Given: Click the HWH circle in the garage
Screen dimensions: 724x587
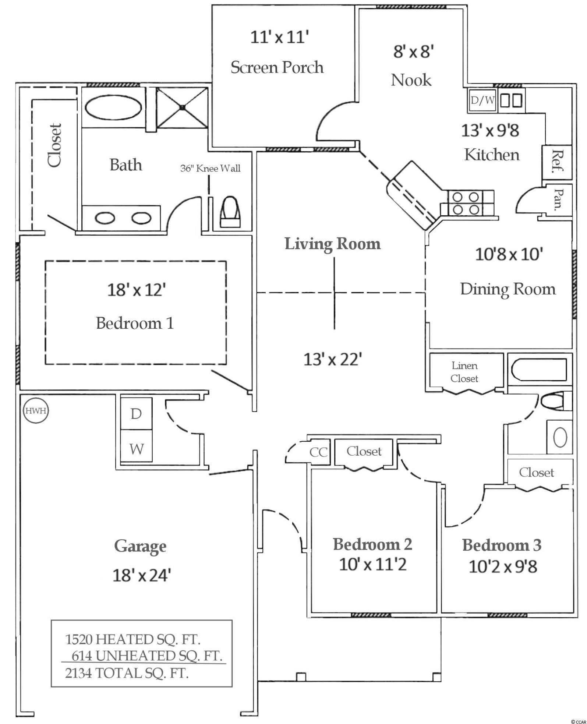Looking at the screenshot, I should click(36, 410).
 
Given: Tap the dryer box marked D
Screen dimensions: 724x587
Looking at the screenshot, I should click(136, 414).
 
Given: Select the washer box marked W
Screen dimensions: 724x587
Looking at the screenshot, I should click(136, 449).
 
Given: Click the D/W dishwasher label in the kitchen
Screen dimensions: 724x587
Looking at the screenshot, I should click(482, 100).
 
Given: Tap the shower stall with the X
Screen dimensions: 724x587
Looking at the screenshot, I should click(182, 107).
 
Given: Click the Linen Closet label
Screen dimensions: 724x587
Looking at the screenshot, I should click(464, 372).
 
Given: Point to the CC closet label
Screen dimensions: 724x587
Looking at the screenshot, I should click(318, 452).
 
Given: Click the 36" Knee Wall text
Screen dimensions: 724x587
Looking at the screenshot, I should click(210, 168).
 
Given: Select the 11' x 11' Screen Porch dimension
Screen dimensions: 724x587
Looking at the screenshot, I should click(279, 37).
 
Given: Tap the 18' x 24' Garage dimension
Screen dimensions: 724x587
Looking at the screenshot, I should click(141, 575).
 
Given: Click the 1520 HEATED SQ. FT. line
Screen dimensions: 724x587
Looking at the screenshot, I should click(132, 639).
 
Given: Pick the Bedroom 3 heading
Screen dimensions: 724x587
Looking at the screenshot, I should click(502, 545).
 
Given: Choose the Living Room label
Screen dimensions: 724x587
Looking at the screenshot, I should click(332, 244).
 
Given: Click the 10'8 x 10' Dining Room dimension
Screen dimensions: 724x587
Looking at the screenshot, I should click(509, 254).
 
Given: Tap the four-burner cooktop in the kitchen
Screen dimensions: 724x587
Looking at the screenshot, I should click(466, 203).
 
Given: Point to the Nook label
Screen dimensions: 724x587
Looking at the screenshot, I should click(411, 80).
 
